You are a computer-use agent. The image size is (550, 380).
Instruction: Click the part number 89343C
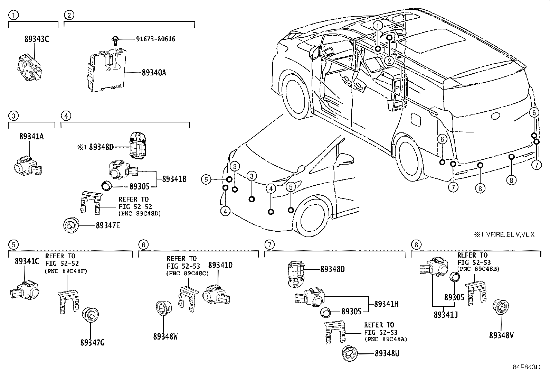(37, 39)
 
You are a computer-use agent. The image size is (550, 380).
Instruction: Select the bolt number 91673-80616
(155, 39)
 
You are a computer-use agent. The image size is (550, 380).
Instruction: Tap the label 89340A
(154, 73)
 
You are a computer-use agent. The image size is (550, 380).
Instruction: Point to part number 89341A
(31, 136)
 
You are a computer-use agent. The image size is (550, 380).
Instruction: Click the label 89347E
(108, 225)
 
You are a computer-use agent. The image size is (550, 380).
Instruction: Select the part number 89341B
(174, 179)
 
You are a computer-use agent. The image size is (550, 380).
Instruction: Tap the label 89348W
(165, 336)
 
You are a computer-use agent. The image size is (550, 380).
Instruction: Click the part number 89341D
(220, 265)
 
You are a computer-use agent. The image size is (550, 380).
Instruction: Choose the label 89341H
(386, 304)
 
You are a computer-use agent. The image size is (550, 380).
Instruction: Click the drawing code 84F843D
(526, 367)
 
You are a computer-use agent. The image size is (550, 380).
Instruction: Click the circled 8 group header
(416, 245)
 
